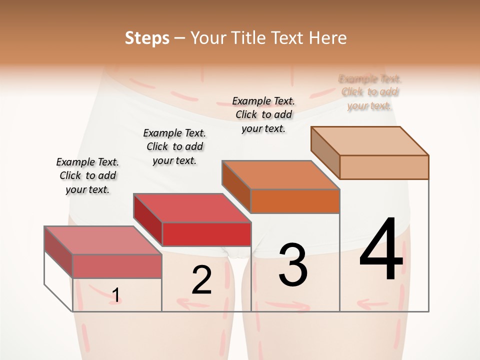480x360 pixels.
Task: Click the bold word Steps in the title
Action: point(146,38)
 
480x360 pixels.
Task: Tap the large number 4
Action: point(381,250)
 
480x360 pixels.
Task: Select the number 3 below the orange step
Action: point(293,264)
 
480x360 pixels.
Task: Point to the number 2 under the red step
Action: point(201,280)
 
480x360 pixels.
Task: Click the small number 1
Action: point(115,295)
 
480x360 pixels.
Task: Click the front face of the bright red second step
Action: point(206,234)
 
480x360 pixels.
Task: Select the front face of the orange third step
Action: point(295,201)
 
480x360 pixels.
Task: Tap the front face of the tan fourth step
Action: point(384,167)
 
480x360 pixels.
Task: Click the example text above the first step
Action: point(87,175)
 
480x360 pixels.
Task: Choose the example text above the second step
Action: point(174,146)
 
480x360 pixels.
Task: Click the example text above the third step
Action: point(263,114)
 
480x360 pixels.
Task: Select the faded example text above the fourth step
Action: point(370,92)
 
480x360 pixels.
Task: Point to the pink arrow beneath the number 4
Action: point(373,303)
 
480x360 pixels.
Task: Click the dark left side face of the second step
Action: point(148,220)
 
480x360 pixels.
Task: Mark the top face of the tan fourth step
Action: point(370,140)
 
